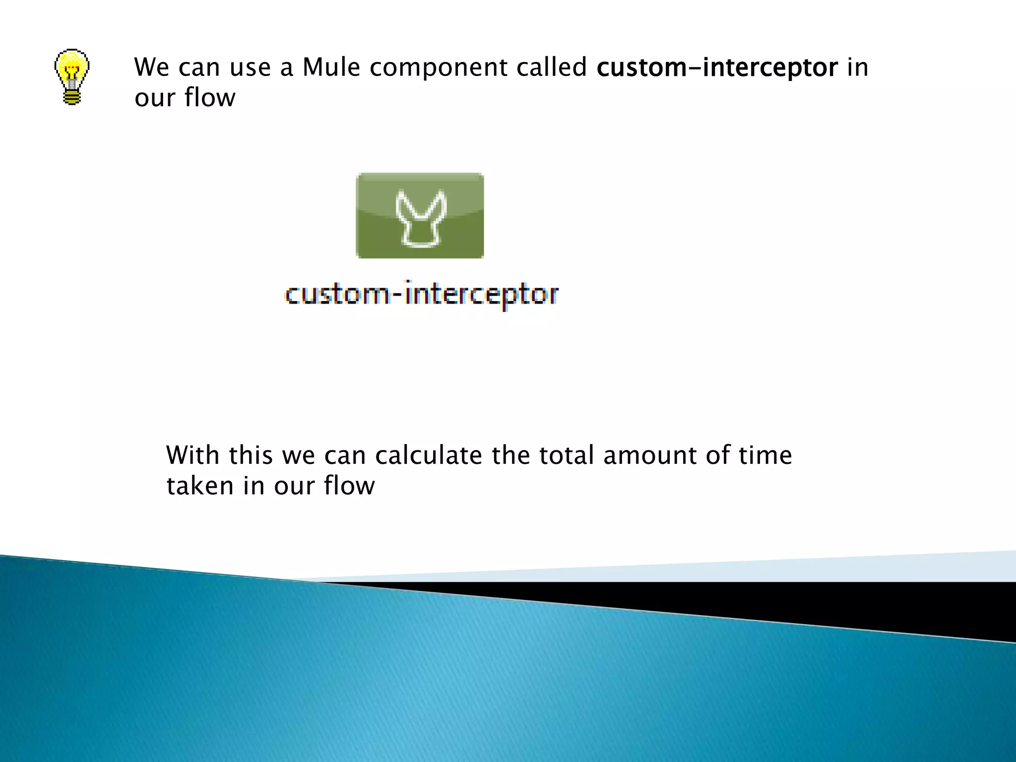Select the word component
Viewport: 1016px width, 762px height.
click(438, 68)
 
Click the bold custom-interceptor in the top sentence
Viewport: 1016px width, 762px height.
click(717, 68)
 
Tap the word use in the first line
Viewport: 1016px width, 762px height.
click(251, 68)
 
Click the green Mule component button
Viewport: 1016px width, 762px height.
click(420, 215)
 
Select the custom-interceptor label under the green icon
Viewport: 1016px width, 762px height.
click(422, 294)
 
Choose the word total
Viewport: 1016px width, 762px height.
click(567, 455)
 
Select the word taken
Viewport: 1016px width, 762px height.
click(199, 486)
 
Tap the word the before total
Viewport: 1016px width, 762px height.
click(510, 455)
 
